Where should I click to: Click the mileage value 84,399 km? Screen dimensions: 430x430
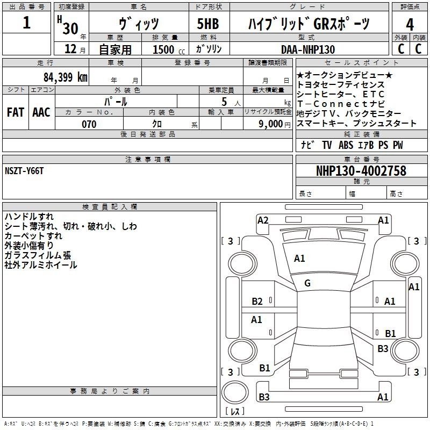(x=65, y=77)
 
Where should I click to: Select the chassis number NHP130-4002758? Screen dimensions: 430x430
(x=361, y=171)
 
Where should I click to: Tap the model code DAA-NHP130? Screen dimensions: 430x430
(x=307, y=49)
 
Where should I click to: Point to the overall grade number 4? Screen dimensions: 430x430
(x=410, y=25)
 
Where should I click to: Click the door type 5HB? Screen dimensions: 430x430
(x=208, y=24)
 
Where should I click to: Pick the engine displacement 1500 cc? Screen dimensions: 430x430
(x=169, y=49)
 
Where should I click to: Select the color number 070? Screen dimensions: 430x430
(x=89, y=124)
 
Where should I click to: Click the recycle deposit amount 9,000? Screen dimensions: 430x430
(x=270, y=124)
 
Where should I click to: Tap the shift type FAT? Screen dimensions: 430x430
(x=16, y=112)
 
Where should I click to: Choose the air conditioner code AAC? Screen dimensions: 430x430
(x=41, y=112)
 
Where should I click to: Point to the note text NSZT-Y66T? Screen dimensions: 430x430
(x=24, y=171)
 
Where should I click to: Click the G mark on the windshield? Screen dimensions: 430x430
(x=307, y=283)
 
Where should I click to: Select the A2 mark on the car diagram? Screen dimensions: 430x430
(x=263, y=220)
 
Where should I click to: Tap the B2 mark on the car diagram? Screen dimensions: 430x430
(x=257, y=302)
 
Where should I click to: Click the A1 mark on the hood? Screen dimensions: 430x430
(x=299, y=259)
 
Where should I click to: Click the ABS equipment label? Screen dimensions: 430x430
(x=346, y=145)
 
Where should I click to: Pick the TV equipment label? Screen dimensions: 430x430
(x=327, y=145)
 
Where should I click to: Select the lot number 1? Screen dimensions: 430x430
(x=26, y=23)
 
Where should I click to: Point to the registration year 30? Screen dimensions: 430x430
(x=70, y=28)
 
